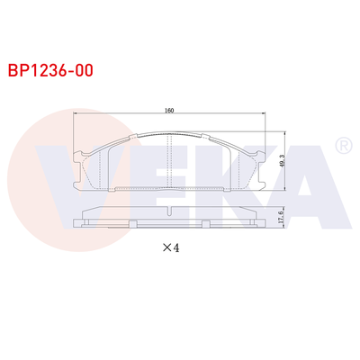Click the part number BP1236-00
pyautogui.click(x=49, y=68)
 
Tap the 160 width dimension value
pyautogui.click(x=169, y=112)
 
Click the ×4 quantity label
pyautogui.click(x=170, y=248)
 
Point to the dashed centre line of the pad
pyautogui.click(x=170, y=162)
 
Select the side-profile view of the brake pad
pyautogui.click(x=170, y=219)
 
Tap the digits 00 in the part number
pyautogui.click(x=85, y=68)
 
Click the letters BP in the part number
pyautogui.click(x=18, y=68)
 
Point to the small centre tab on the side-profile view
pyautogui.click(x=170, y=211)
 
